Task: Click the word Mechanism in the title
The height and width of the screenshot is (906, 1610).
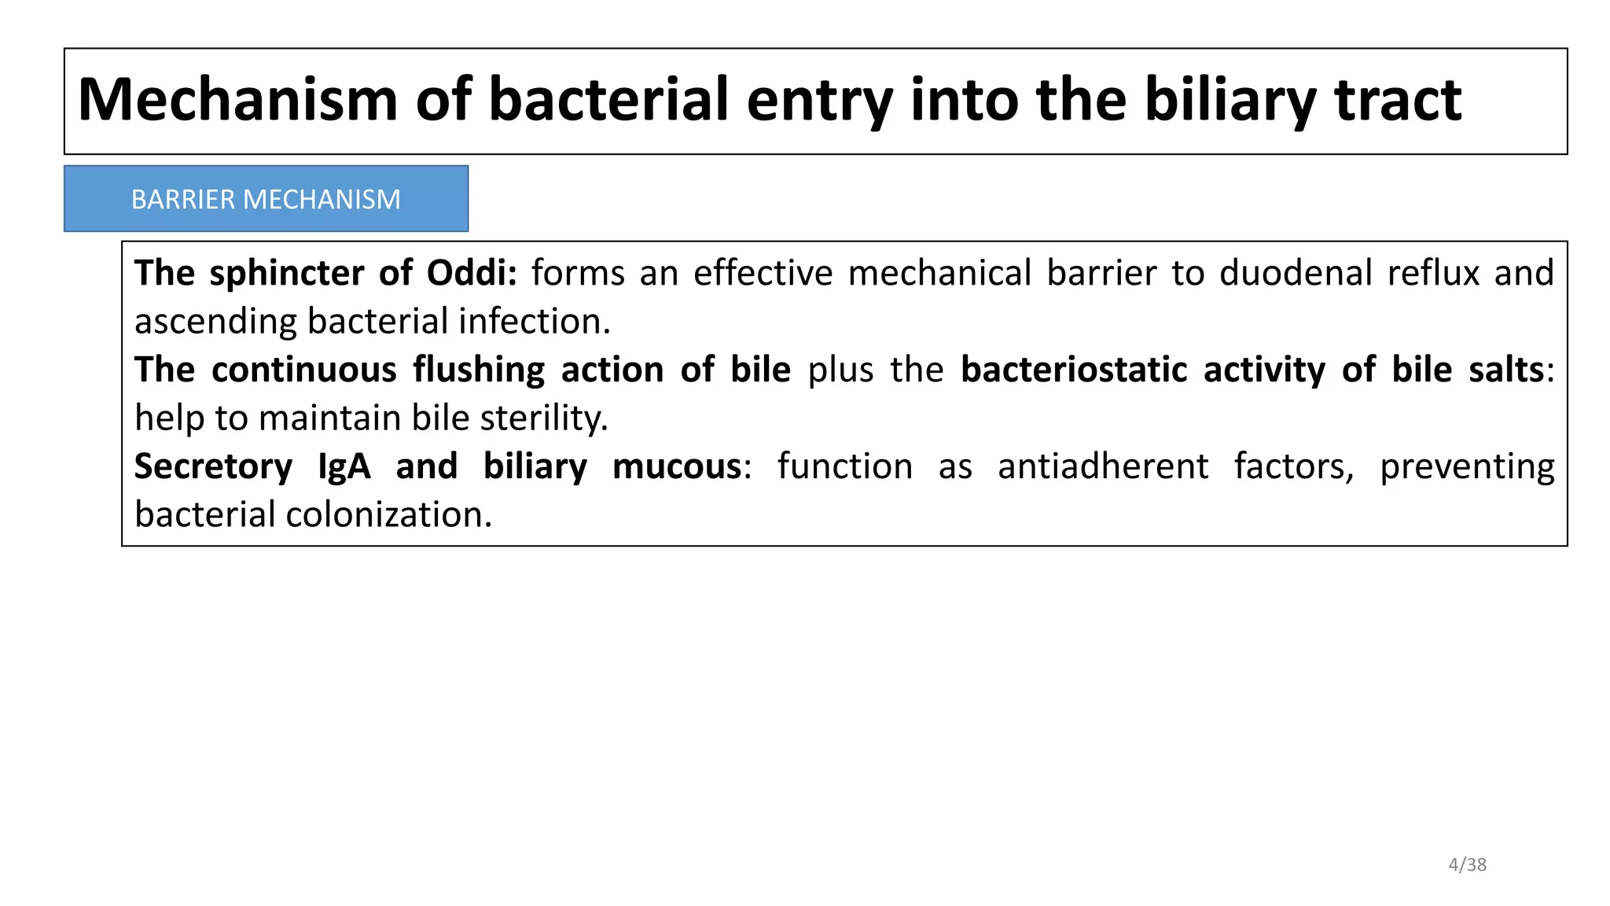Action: pyautogui.click(x=238, y=100)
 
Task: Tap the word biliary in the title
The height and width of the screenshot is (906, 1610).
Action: pyautogui.click(x=1230, y=100)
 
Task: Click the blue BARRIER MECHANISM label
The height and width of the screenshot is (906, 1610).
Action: pyautogui.click(x=266, y=199)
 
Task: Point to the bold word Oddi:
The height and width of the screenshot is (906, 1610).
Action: pyautogui.click(x=472, y=273)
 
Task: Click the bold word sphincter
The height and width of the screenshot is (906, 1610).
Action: pyautogui.click(x=286, y=273)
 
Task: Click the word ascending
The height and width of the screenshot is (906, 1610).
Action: pyautogui.click(x=215, y=322)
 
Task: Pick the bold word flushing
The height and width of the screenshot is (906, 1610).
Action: pyautogui.click(x=479, y=370)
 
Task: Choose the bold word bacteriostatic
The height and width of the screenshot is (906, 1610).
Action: pyautogui.click(x=1074, y=370)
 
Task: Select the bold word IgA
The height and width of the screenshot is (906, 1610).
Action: pyautogui.click(x=344, y=466)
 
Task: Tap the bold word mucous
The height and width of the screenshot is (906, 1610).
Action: pyautogui.click(x=677, y=466)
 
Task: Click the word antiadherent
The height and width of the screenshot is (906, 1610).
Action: pyautogui.click(x=1102, y=466)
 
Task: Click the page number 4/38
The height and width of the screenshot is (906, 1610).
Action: pyautogui.click(x=1467, y=864)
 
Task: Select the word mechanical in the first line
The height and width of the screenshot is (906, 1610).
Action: pyautogui.click(x=939, y=273)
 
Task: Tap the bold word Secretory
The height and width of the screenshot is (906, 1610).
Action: pyautogui.click(x=213, y=466)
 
